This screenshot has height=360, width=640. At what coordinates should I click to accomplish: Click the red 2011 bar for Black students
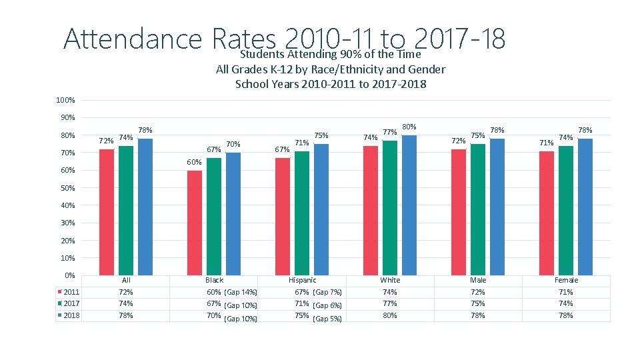coord(195,223)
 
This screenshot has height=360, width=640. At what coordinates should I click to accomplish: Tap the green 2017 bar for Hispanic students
coord(302,213)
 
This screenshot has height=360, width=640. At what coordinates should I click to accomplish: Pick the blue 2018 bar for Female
coord(585,207)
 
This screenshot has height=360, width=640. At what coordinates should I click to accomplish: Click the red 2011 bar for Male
coord(459,212)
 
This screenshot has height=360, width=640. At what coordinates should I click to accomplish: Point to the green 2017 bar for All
coord(126,211)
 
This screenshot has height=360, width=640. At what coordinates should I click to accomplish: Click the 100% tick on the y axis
coord(65,101)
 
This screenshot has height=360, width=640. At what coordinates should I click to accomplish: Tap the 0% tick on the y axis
coord(69,275)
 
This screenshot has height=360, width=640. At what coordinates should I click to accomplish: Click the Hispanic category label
coord(302,280)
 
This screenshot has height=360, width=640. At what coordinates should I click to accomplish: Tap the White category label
coord(390,280)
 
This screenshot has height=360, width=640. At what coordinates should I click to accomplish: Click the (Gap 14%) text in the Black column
coord(241,293)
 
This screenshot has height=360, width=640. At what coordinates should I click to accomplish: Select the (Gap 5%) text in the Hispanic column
coord(327,319)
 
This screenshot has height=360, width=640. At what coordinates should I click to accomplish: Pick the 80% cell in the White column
coord(390,315)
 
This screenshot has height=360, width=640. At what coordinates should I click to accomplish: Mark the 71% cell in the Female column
coord(566,292)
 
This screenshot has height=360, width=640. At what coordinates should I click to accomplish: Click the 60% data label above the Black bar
coord(194,163)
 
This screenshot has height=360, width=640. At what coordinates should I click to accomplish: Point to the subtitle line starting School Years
coord(331,84)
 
